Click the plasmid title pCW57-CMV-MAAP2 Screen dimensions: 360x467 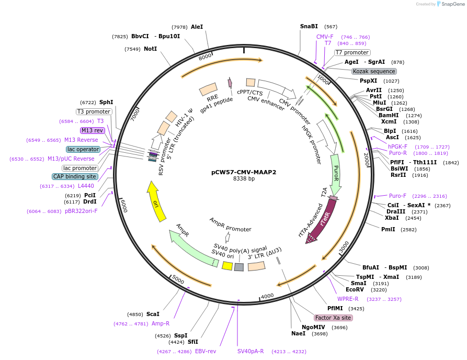pos(244,172)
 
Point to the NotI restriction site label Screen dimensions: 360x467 pos(150,49)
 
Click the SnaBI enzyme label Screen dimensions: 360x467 pos(309,26)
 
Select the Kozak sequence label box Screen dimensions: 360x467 pos(374,71)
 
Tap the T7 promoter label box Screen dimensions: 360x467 pos(352,52)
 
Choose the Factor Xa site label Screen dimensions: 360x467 pos(333,318)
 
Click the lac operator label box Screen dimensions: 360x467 pos(83,149)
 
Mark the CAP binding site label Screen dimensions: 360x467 pos(75,176)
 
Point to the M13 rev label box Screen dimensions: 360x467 pos(92,130)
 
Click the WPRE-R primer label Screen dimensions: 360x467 pos(348,299)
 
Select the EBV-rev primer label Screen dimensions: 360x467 pos(206,351)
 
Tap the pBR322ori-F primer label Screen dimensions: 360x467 pos(81,211)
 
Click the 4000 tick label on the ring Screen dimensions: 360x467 pos(267,296)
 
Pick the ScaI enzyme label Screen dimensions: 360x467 pos(153,314)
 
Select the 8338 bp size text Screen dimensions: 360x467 pos(244,179)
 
